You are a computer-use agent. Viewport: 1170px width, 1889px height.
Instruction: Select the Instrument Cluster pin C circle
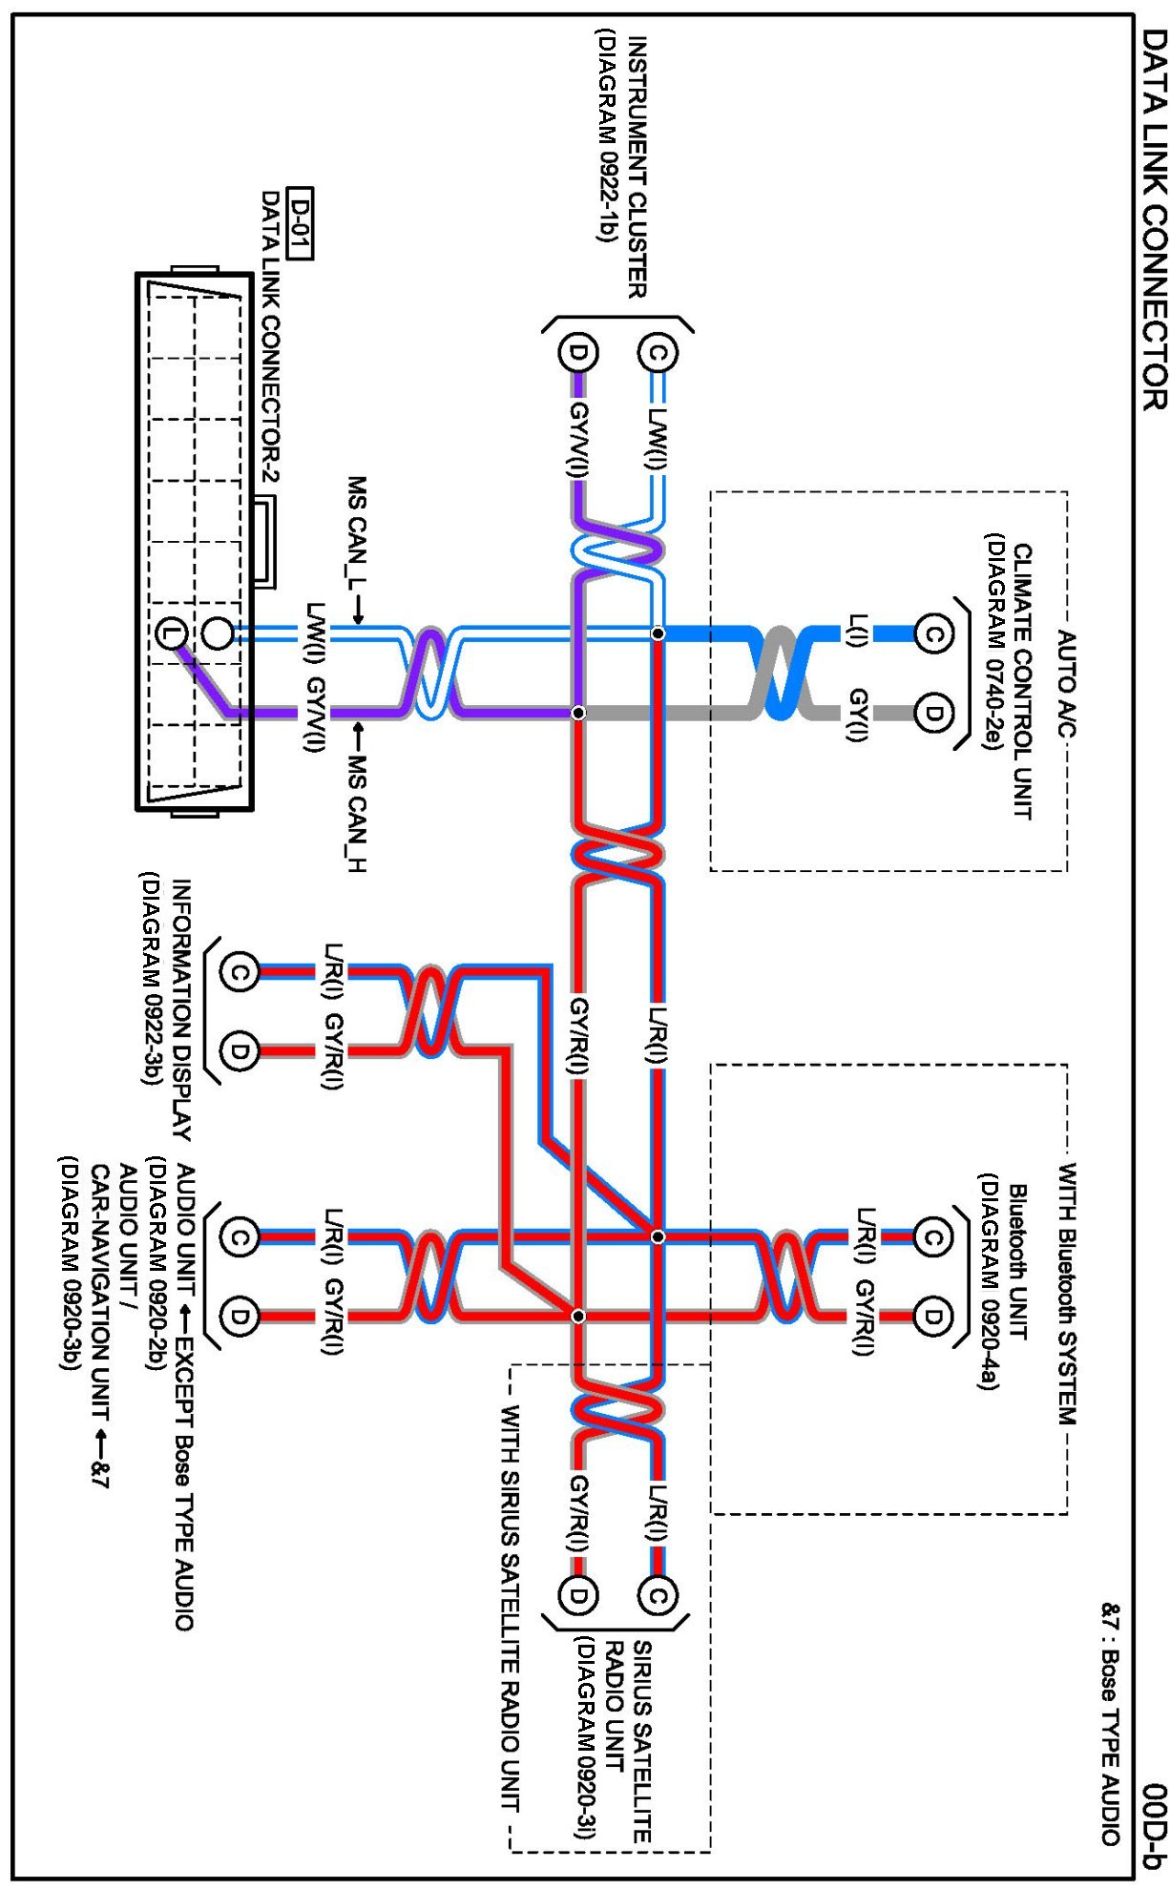[658, 353]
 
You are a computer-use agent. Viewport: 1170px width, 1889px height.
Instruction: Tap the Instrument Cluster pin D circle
[577, 353]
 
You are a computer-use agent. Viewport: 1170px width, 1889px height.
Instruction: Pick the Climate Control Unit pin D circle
[932, 713]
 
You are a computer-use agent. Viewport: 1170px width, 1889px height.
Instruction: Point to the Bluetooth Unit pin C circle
[932, 1237]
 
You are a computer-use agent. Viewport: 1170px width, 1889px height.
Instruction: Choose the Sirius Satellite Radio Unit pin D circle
[577, 1594]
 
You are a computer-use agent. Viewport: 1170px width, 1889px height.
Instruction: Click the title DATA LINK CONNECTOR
[1154, 219]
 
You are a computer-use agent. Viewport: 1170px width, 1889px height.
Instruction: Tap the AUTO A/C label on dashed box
[1067, 683]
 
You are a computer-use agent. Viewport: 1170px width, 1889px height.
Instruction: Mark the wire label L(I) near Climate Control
[857, 631]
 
